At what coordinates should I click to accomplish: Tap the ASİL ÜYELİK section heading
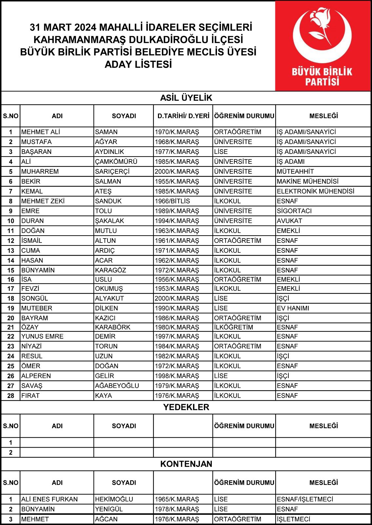point(186,98)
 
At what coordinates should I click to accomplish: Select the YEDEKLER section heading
point(186,407)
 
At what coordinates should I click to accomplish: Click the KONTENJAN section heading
point(186,464)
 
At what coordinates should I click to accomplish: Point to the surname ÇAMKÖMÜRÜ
point(116,162)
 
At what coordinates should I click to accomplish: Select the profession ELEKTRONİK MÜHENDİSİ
point(315,191)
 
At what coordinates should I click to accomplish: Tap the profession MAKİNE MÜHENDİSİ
point(307,181)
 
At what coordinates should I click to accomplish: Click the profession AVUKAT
point(289,221)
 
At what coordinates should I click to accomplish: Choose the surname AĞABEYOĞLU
point(117,386)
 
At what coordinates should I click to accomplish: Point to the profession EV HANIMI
point(293,308)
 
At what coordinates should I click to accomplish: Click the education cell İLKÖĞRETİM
point(233,327)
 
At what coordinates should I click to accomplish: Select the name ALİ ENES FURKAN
point(49,499)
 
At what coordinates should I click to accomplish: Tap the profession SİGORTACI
point(294,211)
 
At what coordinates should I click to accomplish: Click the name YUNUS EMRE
point(42,336)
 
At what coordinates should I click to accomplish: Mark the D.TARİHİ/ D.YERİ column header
point(183,116)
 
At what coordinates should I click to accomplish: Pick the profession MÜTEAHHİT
point(295,172)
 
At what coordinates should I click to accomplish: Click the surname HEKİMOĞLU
point(114,499)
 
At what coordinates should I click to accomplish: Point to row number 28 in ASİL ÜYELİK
point(10,396)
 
